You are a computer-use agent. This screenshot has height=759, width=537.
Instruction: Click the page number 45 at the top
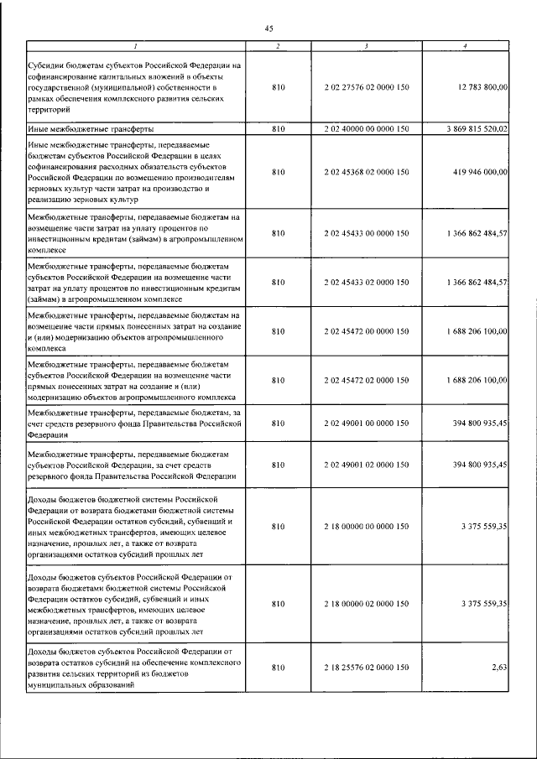pos(268,28)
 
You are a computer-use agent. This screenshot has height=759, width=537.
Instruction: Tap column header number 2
pos(279,45)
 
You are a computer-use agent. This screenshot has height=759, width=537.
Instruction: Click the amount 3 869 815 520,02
pos(472,129)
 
